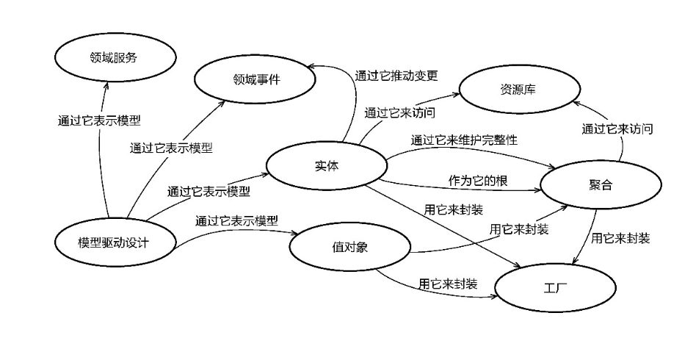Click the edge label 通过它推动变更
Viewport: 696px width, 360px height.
coord(396,75)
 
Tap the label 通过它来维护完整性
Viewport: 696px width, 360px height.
coord(464,139)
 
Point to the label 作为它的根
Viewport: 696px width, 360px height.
coord(478,180)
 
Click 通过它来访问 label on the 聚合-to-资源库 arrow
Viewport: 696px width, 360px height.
coord(617,129)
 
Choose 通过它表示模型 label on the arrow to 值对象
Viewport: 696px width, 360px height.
coord(236,220)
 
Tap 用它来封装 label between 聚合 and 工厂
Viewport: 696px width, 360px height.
coord(620,238)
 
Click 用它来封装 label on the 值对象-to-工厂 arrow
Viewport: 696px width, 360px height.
coord(448,282)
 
